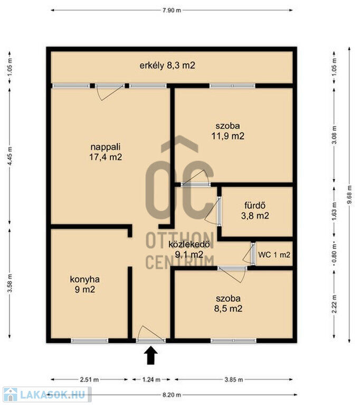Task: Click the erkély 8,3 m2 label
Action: click(x=167, y=65)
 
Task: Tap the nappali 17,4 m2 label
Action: click(x=106, y=152)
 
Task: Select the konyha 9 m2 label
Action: click(x=85, y=284)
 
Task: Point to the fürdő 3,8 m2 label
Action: click(x=255, y=210)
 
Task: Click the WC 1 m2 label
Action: click(x=274, y=255)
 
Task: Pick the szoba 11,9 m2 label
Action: click(x=228, y=131)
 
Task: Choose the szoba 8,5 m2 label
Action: click(x=228, y=304)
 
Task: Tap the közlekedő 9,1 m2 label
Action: click(x=189, y=249)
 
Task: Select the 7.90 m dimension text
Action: click(x=172, y=11)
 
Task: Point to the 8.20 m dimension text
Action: click(x=172, y=395)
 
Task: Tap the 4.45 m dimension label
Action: click(x=10, y=156)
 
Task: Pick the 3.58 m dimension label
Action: click(x=10, y=283)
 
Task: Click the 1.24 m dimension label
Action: click(x=151, y=380)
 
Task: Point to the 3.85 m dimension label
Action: click(x=233, y=380)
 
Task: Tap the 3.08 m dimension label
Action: click(x=334, y=135)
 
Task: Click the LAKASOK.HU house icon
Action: click(x=11, y=394)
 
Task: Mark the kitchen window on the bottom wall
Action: click(x=90, y=341)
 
